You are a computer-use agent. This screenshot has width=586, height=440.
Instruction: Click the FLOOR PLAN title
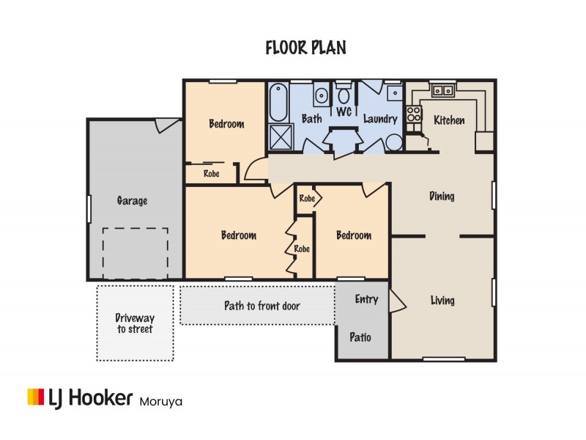pos(305,48)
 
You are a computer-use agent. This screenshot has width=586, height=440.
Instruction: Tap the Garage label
pos(132,200)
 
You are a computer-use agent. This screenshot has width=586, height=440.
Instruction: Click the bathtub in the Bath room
pos(278,103)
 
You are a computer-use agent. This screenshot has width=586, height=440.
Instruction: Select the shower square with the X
pos(278,136)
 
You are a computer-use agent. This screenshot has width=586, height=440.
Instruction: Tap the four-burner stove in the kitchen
pos(414,114)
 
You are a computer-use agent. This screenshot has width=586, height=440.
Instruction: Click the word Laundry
pos(380,119)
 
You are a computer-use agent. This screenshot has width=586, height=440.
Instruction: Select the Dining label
pos(442,197)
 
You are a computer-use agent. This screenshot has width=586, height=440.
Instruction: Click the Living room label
pos(442,301)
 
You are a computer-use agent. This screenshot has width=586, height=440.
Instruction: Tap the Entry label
pos(366,299)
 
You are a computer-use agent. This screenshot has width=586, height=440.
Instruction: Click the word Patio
pos(360,338)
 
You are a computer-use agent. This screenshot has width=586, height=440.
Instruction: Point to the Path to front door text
pos(262,306)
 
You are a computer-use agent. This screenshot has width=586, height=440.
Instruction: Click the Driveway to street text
pos(135,323)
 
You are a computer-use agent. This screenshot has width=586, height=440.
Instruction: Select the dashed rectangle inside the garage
pos(135,253)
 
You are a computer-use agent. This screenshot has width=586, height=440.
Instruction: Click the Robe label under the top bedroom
pos(212,174)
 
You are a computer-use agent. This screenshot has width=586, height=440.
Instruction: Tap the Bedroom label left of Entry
pos(353,235)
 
